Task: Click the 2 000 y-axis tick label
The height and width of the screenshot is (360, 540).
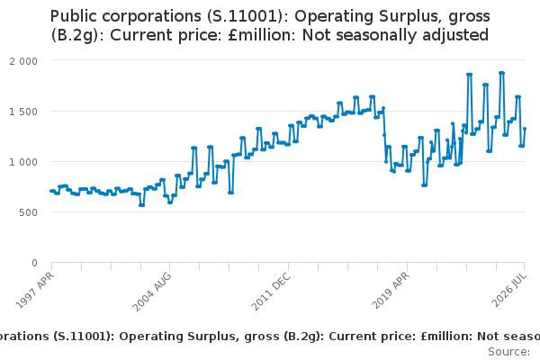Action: pyautogui.click(x=23, y=61)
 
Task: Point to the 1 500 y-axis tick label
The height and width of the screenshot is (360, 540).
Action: pyautogui.click(x=23, y=112)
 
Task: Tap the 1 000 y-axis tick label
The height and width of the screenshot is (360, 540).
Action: pyautogui.click(x=23, y=162)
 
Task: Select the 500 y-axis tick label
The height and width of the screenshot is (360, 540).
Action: pyautogui.click(x=28, y=212)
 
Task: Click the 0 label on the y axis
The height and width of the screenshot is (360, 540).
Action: pyautogui.click(x=34, y=263)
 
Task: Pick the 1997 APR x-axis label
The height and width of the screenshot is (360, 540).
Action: pyautogui.click(x=35, y=291)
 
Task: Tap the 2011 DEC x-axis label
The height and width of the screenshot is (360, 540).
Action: pyautogui.click(x=272, y=292)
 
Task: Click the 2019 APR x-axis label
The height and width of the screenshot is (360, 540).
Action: pyautogui.click(x=391, y=291)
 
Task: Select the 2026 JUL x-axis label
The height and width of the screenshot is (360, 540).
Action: pyautogui.click(x=509, y=290)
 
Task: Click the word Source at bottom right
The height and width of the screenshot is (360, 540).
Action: pyautogui.click(x=509, y=352)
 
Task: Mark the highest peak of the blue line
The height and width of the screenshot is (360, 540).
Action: pyautogui.click(x=502, y=73)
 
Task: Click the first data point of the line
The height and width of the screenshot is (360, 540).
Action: pyautogui.click(x=51, y=191)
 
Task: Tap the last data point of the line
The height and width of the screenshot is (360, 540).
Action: pyautogui.click(x=525, y=129)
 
